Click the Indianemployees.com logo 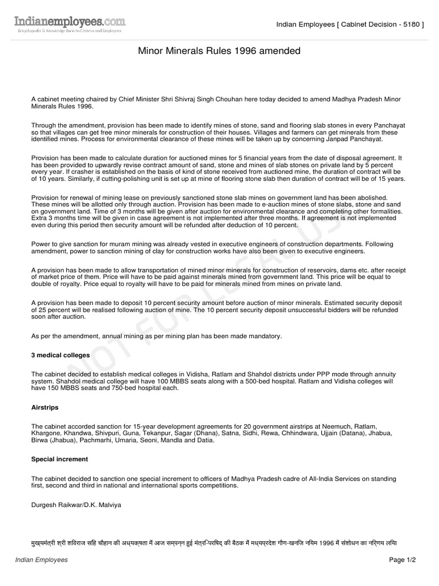point(69,24)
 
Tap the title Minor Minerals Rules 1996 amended point(219,52)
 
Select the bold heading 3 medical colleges point(61,355)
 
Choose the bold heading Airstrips point(46,407)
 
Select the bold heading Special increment point(59,459)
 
